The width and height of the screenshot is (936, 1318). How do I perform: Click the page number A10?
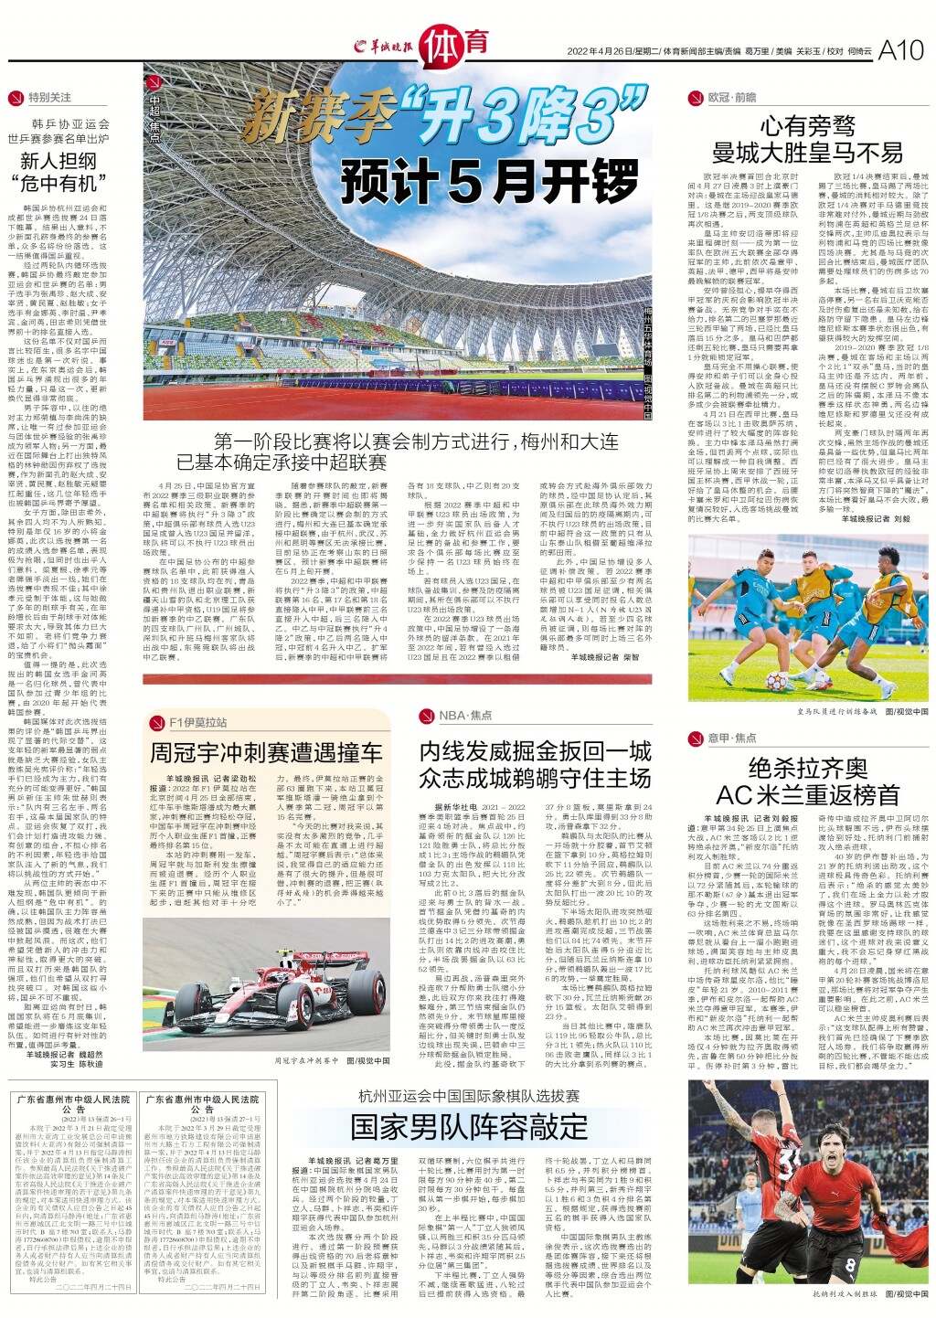coord(900,52)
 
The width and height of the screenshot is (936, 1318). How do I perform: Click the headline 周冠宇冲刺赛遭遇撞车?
coord(266,752)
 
